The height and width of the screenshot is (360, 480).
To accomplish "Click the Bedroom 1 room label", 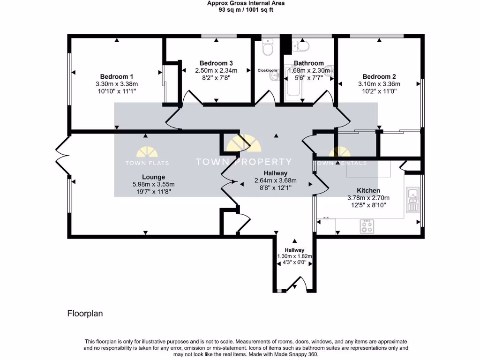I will [117, 77].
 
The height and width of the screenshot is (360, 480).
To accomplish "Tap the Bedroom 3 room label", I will [216, 63].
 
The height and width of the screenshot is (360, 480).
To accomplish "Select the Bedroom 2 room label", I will [379, 77].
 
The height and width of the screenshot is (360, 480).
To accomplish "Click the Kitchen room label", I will [368, 190].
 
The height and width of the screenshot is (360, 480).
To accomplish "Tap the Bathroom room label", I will [308, 63].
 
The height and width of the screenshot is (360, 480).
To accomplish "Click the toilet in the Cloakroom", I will [268, 48].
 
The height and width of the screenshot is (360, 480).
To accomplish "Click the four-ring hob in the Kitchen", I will [367, 227].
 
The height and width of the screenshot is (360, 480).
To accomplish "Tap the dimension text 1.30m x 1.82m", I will [294, 256].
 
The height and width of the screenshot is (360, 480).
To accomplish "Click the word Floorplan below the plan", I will [85, 314].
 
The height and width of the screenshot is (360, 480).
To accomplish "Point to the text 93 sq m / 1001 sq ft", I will [246, 9].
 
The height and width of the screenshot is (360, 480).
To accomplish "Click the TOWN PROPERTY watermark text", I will [243, 162].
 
